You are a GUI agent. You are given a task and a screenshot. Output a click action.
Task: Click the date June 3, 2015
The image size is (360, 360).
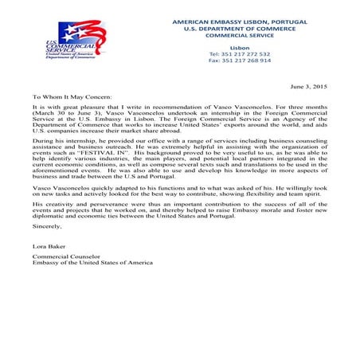coord(309,85)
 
